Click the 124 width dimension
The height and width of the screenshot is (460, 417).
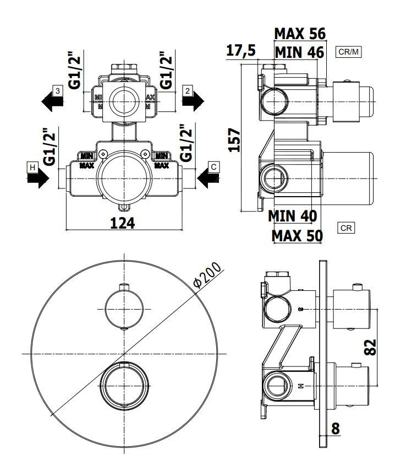pyautogui.click(x=123, y=223)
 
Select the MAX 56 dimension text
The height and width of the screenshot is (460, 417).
pyautogui.click(x=300, y=34)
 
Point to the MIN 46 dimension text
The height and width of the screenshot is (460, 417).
pyautogui.click(x=299, y=53)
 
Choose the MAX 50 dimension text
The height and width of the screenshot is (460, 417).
pyautogui.click(x=297, y=236)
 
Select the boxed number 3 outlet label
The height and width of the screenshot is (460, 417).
pyautogui.click(x=57, y=89)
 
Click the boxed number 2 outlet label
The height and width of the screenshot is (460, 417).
pyautogui.click(x=188, y=89)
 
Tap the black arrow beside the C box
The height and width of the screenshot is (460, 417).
pyautogui.click(x=208, y=177)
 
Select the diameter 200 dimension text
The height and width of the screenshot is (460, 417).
pyautogui.click(x=207, y=275)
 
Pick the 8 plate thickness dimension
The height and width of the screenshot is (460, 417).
pyautogui.click(x=336, y=427)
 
